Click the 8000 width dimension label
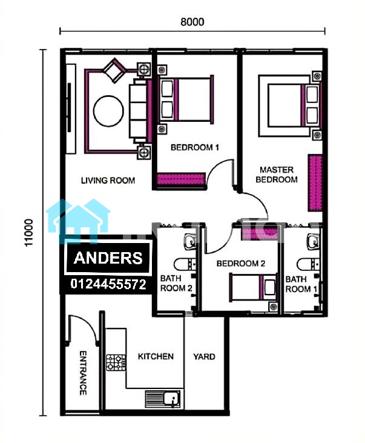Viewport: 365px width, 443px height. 192,22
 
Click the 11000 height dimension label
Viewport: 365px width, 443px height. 29,233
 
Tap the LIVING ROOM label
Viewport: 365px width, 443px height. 108,180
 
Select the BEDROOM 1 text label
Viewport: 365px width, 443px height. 195,147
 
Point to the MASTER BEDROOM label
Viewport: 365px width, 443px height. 277,175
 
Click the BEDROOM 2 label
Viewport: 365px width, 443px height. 241,263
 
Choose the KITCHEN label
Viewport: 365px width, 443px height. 156,356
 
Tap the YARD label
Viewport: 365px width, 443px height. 204,356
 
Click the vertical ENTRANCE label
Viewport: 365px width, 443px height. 83,373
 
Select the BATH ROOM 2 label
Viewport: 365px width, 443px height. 176,284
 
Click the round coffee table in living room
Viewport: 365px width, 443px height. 108,111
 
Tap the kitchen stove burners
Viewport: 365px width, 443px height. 116,363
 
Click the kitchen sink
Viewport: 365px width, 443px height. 163,399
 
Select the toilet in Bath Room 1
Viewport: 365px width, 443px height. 308,264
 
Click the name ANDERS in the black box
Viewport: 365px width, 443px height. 108,258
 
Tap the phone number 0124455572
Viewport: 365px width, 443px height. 108,284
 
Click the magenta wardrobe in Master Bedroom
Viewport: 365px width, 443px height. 315,182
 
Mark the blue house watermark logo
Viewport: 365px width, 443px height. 78,221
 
